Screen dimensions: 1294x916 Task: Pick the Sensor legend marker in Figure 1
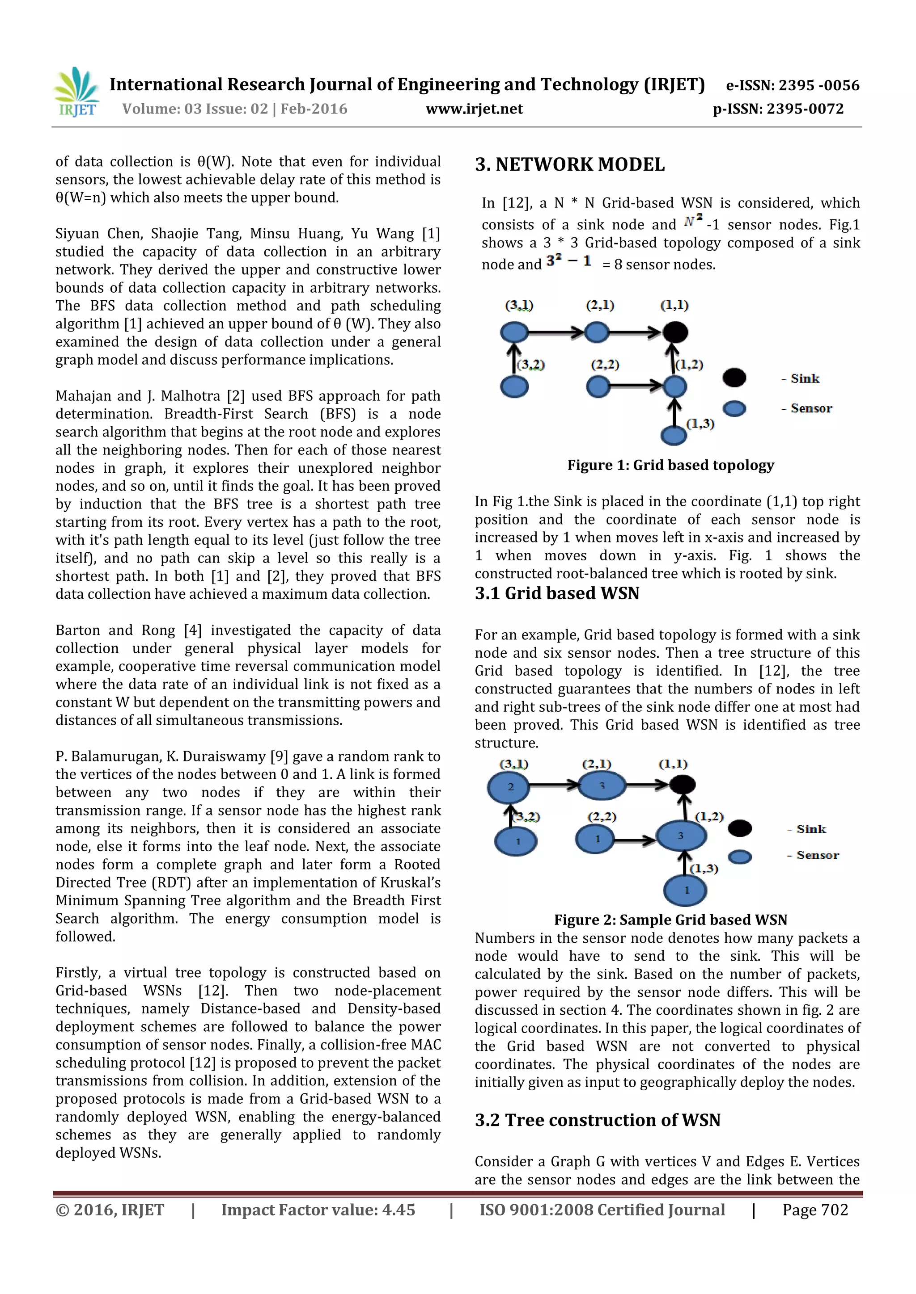click(x=734, y=408)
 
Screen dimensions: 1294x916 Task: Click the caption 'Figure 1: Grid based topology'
click(x=670, y=465)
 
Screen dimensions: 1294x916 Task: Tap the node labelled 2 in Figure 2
click(x=510, y=787)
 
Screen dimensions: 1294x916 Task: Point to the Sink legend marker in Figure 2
click(x=739, y=828)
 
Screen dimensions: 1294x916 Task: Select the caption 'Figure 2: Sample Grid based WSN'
click(x=670, y=920)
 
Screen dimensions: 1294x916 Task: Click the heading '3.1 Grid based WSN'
click(x=557, y=593)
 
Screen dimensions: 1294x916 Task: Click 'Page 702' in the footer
click(x=814, y=1210)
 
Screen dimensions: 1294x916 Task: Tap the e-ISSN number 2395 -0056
click(x=818, y=86)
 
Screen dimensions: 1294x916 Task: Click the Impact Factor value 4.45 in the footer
click(x=398, y=1210)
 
